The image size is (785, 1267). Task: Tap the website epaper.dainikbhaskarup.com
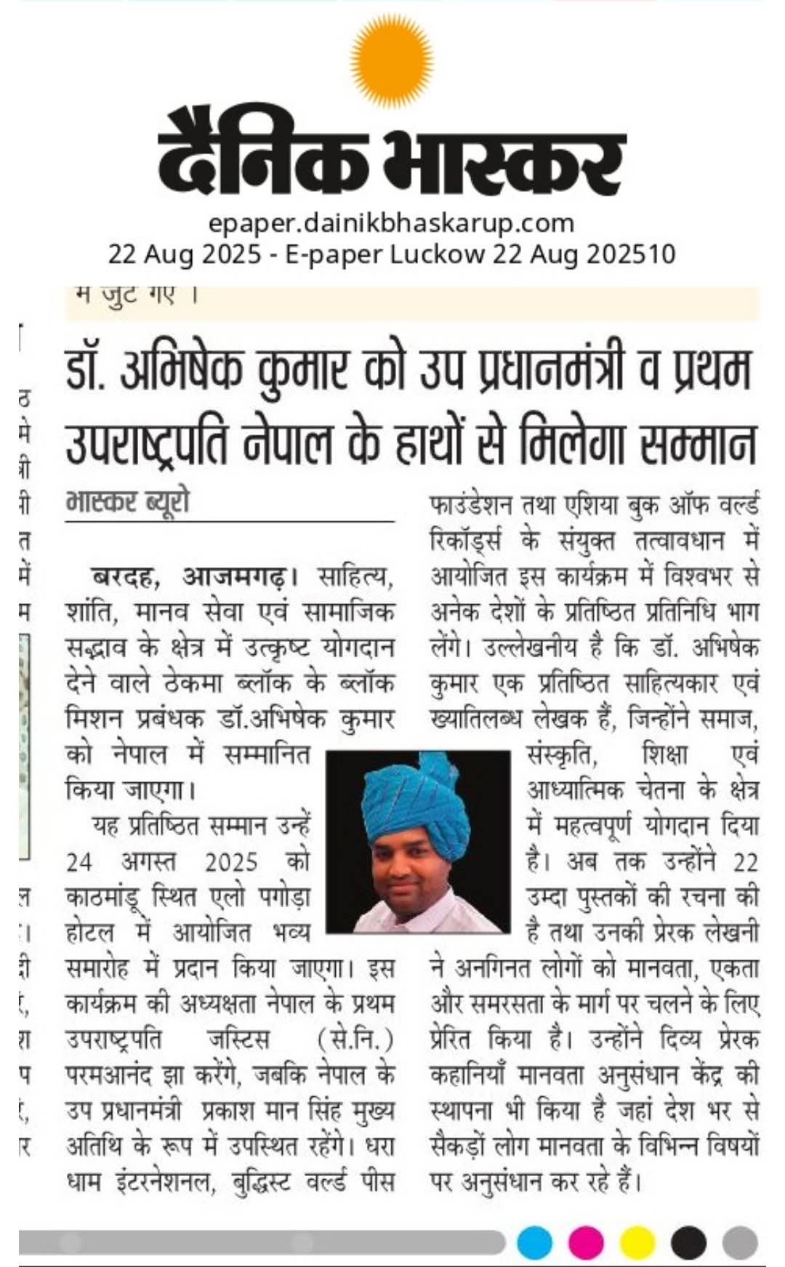point(391,222)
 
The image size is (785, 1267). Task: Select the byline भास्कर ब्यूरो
point(127,502)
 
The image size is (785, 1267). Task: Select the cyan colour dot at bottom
point(535,1242)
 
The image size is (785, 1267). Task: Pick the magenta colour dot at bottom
point(586,1242)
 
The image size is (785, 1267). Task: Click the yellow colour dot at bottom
point(637,1242)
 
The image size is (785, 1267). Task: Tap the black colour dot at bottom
point(688,1242)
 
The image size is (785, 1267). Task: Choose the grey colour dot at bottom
point(740,1242)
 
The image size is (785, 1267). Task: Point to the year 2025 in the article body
point(231,862)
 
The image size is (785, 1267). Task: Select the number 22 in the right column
point(746,862)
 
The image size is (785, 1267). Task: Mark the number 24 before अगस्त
point(79,862)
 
